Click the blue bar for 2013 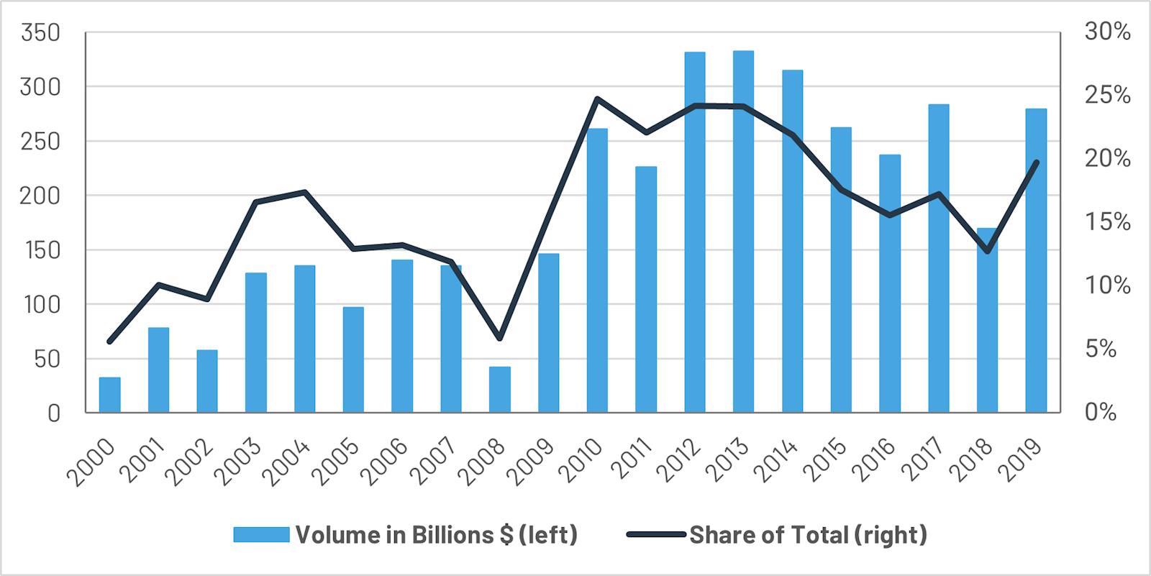743,230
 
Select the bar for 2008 499,390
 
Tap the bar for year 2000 109,395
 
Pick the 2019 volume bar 1036,259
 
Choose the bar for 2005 353,360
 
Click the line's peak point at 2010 597,99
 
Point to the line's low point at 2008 499,338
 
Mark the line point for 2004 304,192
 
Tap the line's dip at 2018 987,252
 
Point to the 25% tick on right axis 1107,95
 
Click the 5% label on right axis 1101,349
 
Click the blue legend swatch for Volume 261,535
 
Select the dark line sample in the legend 655,535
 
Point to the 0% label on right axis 1101,412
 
